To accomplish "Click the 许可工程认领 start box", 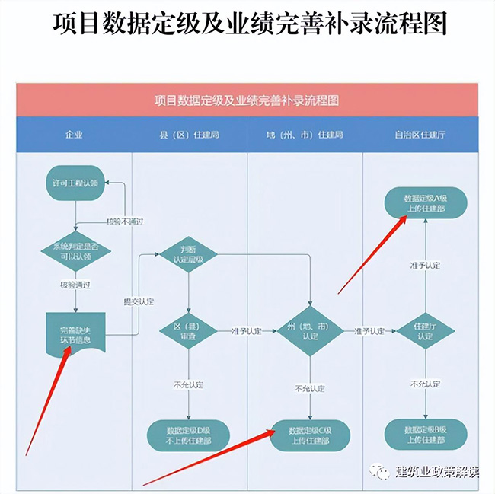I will (75, 183).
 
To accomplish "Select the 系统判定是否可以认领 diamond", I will (75, 252).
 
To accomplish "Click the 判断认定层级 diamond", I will (188, 253).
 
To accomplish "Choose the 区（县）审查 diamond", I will (188, 330).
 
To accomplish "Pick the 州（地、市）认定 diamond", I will (309, 330).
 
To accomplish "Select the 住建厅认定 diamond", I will (423, 330).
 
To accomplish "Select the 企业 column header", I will (75, 135).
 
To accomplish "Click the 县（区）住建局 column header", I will (190, 135).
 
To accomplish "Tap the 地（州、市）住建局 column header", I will (305, 135).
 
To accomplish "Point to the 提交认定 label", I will (139, 301).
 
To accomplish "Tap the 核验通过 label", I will (75, 285).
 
